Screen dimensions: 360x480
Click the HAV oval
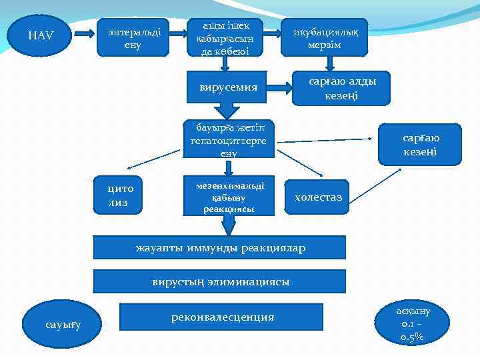point(41,36)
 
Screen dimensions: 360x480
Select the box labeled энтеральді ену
point(133,37)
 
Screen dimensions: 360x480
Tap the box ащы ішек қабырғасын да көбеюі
point(225,37)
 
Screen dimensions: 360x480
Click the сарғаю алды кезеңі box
point(341,88)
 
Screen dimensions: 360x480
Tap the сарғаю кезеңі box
point(420,144)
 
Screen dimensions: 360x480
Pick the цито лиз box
point(120,195)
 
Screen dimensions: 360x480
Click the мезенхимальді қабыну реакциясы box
point(228,197)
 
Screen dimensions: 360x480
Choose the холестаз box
point(317,197)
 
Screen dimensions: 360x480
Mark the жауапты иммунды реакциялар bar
point(220,248)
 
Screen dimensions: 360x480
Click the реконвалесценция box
point(221,317)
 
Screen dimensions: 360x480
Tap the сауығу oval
point(63,325)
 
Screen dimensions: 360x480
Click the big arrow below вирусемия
point(228,111)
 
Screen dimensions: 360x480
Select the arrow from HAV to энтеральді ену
point(83,33)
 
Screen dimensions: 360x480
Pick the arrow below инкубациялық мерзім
point(329,63)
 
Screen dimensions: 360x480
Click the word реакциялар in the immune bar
point(273,248)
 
